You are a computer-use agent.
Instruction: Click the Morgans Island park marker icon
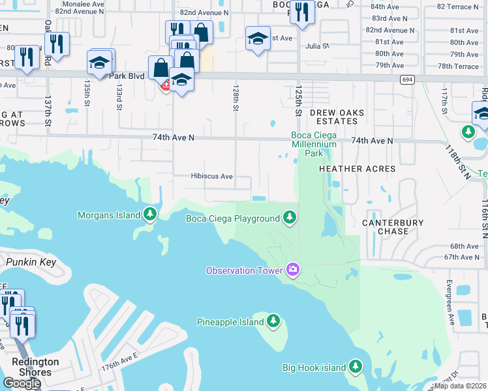151,214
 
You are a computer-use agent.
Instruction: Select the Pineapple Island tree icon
273,322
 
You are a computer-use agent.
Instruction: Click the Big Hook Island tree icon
356,368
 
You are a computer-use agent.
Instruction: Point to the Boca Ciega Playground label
232,218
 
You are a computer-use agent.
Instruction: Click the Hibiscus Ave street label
211,177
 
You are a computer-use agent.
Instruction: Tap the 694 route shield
408,80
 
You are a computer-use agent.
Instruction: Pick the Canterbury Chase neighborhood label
393,227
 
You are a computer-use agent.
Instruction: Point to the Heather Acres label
357,169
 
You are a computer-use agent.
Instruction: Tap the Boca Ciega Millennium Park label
313,145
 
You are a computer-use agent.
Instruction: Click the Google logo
21,383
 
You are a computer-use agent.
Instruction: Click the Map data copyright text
460,386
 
